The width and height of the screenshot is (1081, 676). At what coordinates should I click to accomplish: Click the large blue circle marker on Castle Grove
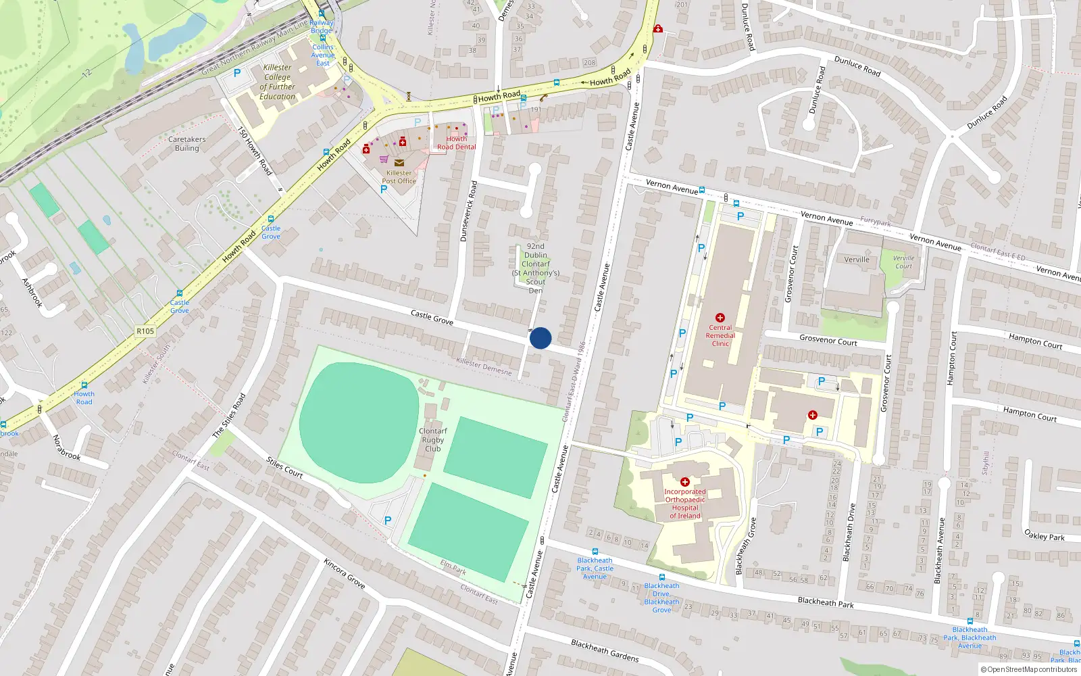point(540,338)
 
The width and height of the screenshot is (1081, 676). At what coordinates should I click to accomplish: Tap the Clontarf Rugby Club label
point(433,439)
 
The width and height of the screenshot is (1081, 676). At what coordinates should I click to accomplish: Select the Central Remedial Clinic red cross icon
point(720,318)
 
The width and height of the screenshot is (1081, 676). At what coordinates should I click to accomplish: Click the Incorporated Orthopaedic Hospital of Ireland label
point(685,504)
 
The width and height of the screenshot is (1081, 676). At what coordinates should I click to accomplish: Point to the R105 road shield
point(145,331)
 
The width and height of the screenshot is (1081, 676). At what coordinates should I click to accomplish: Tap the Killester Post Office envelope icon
point(399,163)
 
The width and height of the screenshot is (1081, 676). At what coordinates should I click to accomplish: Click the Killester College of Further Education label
point(278,82)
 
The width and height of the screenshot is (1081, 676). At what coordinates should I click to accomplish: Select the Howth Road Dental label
point(456,143)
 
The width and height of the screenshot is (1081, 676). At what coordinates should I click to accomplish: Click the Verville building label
point(857,260)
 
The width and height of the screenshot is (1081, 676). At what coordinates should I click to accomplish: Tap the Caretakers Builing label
point(187,143)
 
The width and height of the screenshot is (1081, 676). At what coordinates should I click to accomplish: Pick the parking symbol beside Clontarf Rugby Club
point(388,521)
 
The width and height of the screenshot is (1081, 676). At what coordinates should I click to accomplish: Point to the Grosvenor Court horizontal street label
point(828,341)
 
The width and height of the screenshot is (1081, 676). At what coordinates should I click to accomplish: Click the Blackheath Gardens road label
point(605,650)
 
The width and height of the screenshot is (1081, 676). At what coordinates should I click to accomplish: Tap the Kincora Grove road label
point(345,573)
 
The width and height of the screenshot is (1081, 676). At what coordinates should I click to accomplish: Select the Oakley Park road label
point(1044,536)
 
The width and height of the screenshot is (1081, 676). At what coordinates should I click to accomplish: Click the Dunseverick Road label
point(468,212)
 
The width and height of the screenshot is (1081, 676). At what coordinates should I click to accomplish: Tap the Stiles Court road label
point(284,467)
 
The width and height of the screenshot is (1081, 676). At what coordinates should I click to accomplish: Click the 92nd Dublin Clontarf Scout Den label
point(536,268)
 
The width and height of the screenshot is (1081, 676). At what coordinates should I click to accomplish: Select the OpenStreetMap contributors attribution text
point(1029,670)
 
